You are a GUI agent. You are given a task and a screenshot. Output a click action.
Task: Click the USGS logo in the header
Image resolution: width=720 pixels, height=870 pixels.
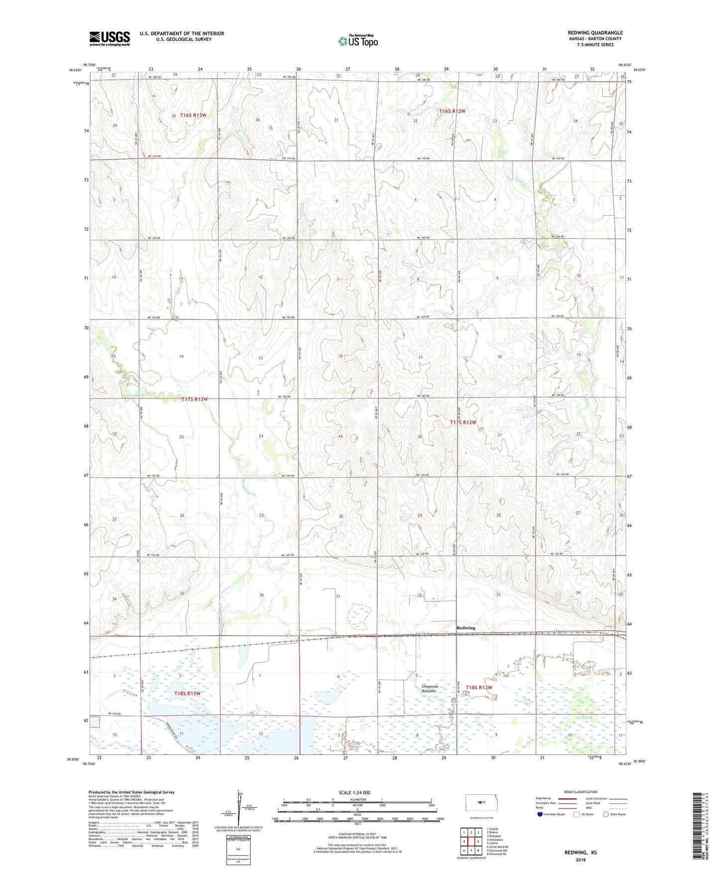[x=110, y=38]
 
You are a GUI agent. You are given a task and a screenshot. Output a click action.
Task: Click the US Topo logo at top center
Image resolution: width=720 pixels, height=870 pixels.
[x=358, y=41]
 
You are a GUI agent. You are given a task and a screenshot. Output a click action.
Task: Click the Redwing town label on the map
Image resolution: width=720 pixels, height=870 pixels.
[x=466, y=628]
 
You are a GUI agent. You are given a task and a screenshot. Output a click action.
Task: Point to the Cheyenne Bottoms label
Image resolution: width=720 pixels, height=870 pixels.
[x=429, y=689]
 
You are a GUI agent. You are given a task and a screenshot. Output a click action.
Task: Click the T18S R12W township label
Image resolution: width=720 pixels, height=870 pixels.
[x=479, y=688]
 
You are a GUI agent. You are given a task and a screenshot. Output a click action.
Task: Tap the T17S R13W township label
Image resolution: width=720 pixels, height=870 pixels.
[x=194, y=399]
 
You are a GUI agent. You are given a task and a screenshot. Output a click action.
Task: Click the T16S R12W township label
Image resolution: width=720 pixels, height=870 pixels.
[x=452, y=111]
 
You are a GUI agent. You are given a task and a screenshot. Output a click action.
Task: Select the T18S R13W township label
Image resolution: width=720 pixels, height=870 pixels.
[x=187, y=694]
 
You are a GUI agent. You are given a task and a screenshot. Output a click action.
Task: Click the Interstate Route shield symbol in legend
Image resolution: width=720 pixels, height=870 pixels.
[x=540, y=814]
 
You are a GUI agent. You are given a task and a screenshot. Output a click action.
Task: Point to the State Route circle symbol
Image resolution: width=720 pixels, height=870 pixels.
[x=606, y=814]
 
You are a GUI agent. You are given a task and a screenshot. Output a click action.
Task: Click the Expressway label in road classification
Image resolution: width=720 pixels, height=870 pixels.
[x=544, y=798]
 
